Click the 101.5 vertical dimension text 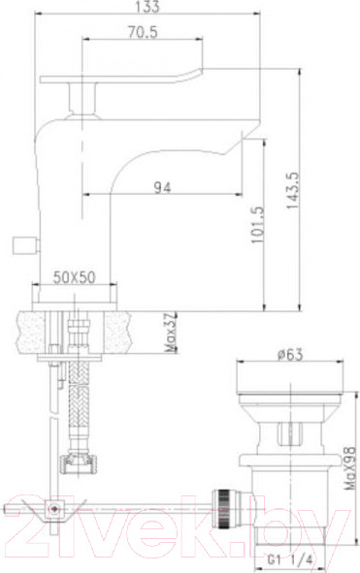coord(255,224)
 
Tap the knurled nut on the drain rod coord(225,503)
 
